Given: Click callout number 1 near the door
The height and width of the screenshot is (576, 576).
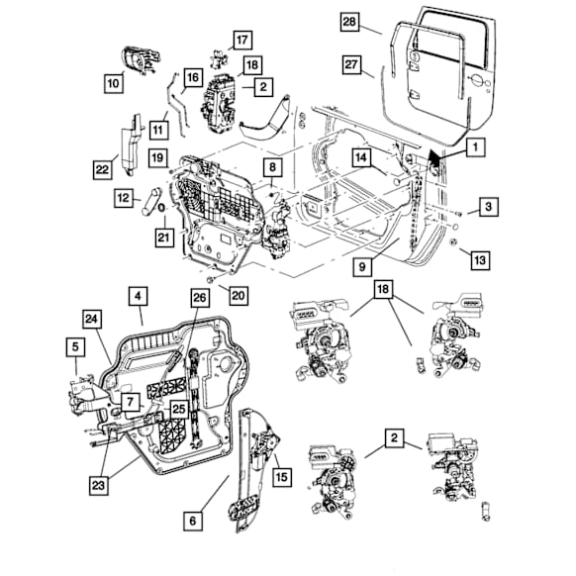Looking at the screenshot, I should click(475, 147).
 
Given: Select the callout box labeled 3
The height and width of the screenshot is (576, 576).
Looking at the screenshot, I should click(489, 207).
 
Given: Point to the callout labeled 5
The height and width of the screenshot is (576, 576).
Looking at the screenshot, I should click(75, 346).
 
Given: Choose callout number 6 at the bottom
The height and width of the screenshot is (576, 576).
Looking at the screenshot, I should click(193, 517).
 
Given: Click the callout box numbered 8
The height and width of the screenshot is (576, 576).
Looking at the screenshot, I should click(270, 168).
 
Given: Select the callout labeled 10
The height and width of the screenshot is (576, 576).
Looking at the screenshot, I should click(114, 84).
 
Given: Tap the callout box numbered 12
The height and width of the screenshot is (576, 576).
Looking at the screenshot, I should click(124, 199).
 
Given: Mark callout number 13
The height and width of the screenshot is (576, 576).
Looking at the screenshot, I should click(479, 259).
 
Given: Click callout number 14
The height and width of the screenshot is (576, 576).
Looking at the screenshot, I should click(363, 155).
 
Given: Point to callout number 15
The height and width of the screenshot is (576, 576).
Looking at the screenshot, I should click(282, 478).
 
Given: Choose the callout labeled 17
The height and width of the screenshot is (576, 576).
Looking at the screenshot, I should click(242, 41).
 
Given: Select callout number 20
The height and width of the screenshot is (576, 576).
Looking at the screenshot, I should click(236, 294).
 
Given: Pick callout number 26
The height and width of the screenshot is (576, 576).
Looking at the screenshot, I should click(200, 297).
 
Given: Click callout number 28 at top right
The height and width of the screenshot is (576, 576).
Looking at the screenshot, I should click(349, 23).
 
